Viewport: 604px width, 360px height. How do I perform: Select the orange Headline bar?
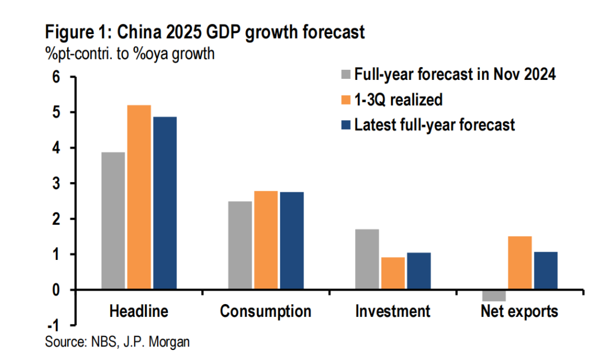pyautogui.click(x=139, y=197)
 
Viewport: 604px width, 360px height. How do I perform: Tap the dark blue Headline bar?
pyautogui.click(x=165, y=203)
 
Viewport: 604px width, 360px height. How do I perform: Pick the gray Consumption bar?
pyautogui.click(x=240, y=245)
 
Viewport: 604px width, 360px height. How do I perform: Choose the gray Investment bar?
pyautogui.click(x=367, y=259)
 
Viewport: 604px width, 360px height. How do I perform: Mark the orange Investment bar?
pyautogui.click(x=393, y=273)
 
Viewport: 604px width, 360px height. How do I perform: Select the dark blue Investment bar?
pyautogui.click(x=419, y=271)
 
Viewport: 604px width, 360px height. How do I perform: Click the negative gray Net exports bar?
pyautogui.click(x=494, y=296)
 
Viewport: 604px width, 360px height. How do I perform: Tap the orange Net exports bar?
pyautogui.click(x=520, y=263)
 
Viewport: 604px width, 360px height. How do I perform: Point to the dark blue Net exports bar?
pyautogui.click(x=546, y=271)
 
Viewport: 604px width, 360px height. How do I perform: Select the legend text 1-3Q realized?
pyautogui.click(x=398, y=100)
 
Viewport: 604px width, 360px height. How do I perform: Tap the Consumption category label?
pyautogui.click(x=266, y=311)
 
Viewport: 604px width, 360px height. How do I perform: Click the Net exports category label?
pyautogui.click(x=520, y=311)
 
